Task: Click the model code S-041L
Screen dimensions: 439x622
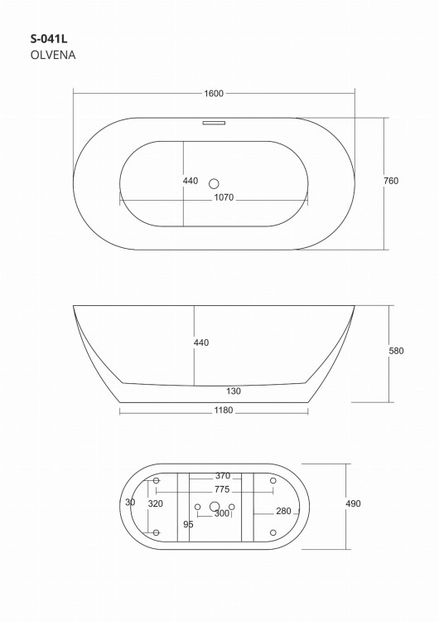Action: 49,39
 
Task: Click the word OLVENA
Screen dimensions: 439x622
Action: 53,55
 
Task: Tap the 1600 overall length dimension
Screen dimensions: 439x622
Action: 214,94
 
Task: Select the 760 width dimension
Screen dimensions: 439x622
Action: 391,181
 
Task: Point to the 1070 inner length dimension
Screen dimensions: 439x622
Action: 224,197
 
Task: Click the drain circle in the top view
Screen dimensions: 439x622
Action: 214,183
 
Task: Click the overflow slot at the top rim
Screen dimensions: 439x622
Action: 214,123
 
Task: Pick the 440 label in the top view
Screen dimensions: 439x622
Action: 191,181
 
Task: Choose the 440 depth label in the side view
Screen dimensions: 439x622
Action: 201,343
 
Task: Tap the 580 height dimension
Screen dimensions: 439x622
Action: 396,351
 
